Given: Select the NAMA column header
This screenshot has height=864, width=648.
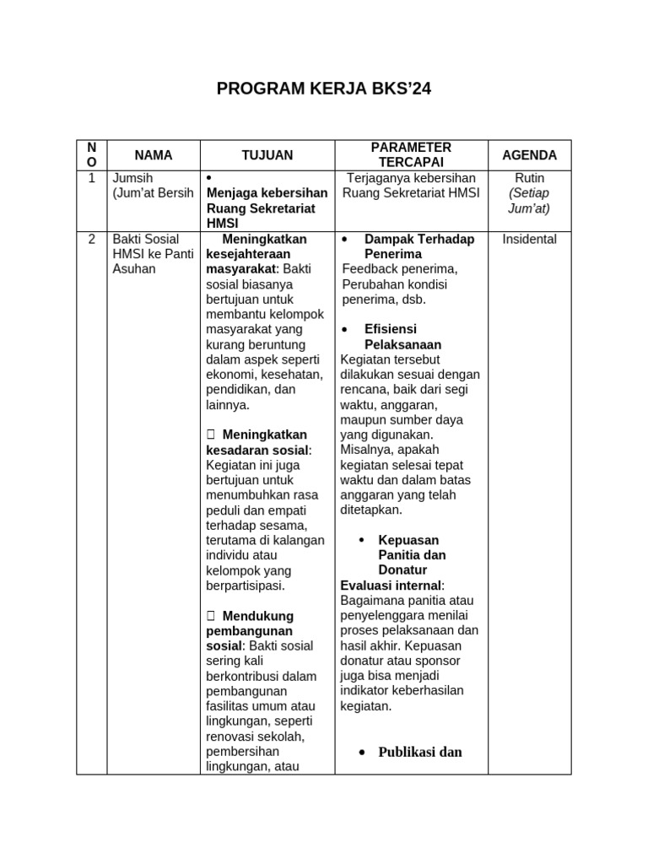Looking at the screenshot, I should click(x=153, y=155).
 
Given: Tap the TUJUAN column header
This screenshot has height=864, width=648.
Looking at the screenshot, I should click(x=267, y=155).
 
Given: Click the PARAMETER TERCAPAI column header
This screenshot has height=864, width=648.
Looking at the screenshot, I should click(x=411, y=155).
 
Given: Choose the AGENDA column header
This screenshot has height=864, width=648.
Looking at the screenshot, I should click(x=529, y=155).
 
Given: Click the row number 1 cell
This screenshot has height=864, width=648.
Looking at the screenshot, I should click(x=91, y=178).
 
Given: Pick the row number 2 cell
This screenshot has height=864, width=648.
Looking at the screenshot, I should click(x=91, y=240).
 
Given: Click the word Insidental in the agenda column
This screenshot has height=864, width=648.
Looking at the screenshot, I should click(x=529, y=240).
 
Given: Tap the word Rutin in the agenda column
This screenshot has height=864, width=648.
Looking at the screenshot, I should click(x=529, y=178).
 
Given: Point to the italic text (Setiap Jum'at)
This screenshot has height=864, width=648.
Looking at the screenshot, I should click(x=529, y=201).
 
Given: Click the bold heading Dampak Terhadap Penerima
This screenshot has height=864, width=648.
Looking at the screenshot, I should click(x=418, y=246).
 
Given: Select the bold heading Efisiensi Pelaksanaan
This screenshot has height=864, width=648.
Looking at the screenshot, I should click(x=402, y=337).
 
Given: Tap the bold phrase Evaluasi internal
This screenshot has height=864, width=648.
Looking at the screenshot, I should click(x=391, y=586).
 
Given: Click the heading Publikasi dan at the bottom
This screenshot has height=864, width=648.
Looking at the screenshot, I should click(x=421, y=752).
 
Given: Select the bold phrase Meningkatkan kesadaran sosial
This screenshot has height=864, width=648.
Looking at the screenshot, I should click(x=258, y=442).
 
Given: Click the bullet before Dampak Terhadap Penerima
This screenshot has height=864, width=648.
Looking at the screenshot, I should click(x=345, y=240).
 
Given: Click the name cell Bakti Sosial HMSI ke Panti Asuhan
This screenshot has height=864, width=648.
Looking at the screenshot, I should click(x=153, y=254).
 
